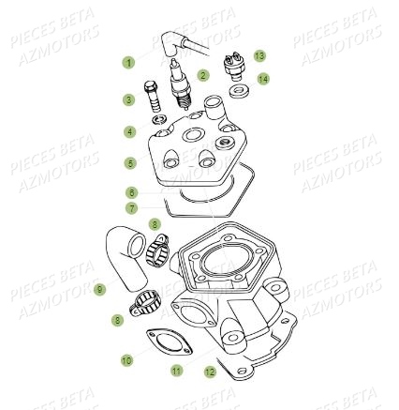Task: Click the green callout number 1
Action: pos(129,63)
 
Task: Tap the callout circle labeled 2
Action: pos(203,75)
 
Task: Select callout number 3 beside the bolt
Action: pos(129,99)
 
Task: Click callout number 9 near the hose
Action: pos(98,291)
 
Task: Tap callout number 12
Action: pos(210,372)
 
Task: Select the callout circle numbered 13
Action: pos(259,56)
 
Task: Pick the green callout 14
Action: pos(263,79)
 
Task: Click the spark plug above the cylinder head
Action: pos(177,80)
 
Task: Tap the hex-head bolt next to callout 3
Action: pos(152,97)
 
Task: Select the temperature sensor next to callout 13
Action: pos(234,68)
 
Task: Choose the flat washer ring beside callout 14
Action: pos(236,91)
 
